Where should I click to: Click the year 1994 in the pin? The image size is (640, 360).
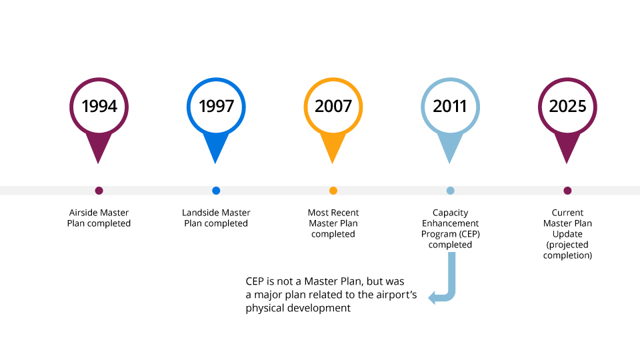pyautogui.click(x=99, y=107)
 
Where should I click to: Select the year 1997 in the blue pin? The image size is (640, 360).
pyautogui.click(x=216, y=107)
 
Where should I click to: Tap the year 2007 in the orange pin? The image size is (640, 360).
pyautogui.click(x=333, y=107)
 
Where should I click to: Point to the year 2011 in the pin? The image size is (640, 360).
pyautogui.click(x=450, y=107)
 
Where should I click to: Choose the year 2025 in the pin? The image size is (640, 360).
pyautogui.click(x=567, y=107)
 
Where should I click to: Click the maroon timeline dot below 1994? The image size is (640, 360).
pyautogui.click(x=99, y=191)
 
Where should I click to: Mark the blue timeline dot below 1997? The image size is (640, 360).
pyautogui.click(x=216, y=191)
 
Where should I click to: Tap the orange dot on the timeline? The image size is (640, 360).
pyautogui.click(x=333, y=191)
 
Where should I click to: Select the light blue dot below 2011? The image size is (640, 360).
pyautogui.click(x=450, y=191)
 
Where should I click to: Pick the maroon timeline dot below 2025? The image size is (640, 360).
pyautogui.click(x=567, y=191)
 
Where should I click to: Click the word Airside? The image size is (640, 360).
pyautogui.click(x=83, y=213)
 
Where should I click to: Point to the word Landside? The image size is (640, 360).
pyautogui.click(x=199, y=213)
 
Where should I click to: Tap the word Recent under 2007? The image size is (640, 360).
pyautogui.click(x=345, y=213)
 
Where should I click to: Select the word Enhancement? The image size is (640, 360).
pyautogui.click(x=450, y=223)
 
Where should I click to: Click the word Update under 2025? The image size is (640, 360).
pyautogui.click(x=567, y=234)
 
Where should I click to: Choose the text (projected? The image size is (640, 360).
pyautogui.click(x=567, y=245)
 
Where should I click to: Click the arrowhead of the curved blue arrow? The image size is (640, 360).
pyautogui.click(x=432, y=297)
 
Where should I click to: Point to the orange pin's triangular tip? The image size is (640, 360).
pyautogui.click(x=333, y=163)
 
